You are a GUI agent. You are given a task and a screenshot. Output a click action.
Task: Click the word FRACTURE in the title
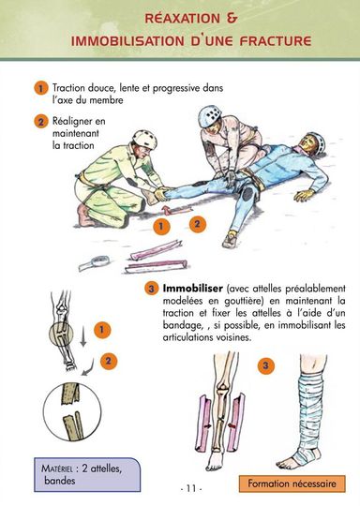(x=276, y=41)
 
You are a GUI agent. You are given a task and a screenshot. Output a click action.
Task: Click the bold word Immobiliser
(x=193, y=288)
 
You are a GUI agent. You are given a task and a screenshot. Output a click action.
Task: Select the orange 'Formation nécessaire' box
(x=292, y=484)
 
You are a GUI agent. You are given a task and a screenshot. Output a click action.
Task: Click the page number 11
(x=191, y=488)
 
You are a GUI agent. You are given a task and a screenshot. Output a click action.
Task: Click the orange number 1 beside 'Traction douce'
(x=40, y=88)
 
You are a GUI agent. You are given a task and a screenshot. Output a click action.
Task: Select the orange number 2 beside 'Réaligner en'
(x=40, y=122)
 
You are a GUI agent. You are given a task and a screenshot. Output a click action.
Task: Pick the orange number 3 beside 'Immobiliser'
(x=151, y=289)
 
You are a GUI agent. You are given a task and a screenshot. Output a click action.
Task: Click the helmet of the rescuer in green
(x=145, y=139)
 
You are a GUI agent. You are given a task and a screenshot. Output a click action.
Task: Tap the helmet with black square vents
(x=210, y=116)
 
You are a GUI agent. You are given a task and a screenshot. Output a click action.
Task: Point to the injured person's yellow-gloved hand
(x=304, y=195)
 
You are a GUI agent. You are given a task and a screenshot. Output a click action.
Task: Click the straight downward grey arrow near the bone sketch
(x=83, y=336)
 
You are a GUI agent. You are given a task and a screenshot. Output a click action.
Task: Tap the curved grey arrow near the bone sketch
(x=88, y=368)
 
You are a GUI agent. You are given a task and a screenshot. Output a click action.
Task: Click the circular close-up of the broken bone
(x=72, y=411)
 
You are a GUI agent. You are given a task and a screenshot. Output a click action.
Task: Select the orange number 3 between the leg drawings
(x=265, y=365)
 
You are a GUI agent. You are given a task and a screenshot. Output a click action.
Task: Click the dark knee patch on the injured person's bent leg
(x=247, y=194)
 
